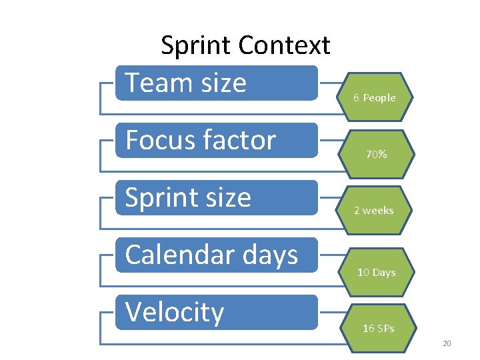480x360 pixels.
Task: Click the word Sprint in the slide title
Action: [197, 46]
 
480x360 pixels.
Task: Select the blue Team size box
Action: [217, 83]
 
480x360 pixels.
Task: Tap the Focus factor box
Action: [217, 140]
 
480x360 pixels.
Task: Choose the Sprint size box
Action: [217, 197]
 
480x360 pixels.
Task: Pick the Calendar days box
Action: [217, 255]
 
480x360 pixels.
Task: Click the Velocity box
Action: [217, 312]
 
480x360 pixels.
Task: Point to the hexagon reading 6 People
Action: [375, 96]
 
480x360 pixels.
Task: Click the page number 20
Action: [447, 343]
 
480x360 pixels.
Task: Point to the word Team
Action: [153, 83]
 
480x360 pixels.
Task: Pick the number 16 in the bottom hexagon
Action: [368, 328]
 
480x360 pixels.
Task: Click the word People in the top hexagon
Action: [379, 98]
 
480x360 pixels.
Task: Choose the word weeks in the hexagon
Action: [378, 211]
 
